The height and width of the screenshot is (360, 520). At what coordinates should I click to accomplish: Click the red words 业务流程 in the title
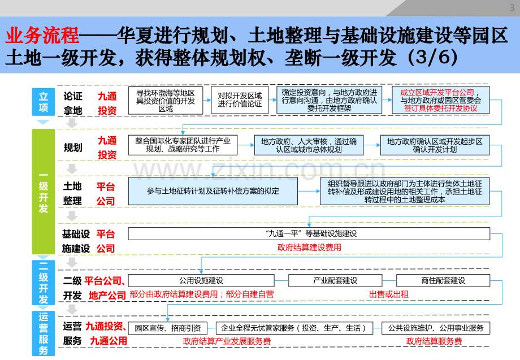click(42, 36)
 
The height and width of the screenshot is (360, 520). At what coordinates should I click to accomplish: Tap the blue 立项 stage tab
click(44, 102)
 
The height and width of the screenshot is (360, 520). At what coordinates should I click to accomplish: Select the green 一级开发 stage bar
click(44, 192)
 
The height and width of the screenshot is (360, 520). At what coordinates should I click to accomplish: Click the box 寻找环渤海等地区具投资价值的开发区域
click(166, 101)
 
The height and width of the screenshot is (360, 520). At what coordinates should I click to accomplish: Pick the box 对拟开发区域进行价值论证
click(240, 100)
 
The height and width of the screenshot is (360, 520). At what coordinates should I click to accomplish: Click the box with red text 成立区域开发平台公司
click(441, 100)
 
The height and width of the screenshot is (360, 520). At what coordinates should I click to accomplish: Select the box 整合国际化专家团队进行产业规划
click(183, 145)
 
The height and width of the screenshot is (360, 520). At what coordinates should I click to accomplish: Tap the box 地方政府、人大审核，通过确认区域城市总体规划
click(309, 145)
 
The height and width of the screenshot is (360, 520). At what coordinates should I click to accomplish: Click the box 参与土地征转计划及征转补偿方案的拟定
click(213, 191)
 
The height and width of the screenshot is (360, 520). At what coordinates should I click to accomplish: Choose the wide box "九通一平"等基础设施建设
click(309, 234)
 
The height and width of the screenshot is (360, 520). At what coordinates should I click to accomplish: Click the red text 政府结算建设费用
click(309, 248)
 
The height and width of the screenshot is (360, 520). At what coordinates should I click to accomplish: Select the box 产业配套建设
click(335, 280)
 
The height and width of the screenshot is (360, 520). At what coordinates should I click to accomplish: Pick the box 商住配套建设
click(443, 280)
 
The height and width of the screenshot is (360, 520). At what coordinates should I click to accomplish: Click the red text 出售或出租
click(389, 294)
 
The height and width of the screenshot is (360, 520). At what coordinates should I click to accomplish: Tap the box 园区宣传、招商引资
click(168, 328)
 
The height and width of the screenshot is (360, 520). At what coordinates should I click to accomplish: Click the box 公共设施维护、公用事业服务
click(436, 328)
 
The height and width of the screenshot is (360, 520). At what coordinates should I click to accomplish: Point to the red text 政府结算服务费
click(434, 341)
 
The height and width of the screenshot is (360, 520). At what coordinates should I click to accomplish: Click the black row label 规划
click(73, 148)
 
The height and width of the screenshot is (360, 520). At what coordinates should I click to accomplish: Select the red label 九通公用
click(109, 341)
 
